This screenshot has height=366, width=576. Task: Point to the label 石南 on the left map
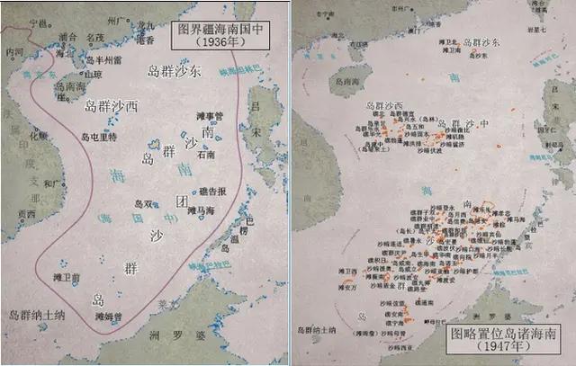pyautogui.click(x=205, y=154)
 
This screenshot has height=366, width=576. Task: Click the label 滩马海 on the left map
pyautogui.click(x=203, y=210)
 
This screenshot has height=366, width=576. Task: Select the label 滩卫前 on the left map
pyautogui.click(x=67, y=277)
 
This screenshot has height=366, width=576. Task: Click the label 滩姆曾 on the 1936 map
pyautogui.click(x=107, y=316)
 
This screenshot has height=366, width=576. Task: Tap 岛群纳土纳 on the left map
pyautogui.click(x=36, y=314)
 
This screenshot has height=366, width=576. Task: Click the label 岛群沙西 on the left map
pyautogui.click(x=112, y=105)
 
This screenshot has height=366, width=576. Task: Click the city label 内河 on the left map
pyautogui.click(x=14, y=53)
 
